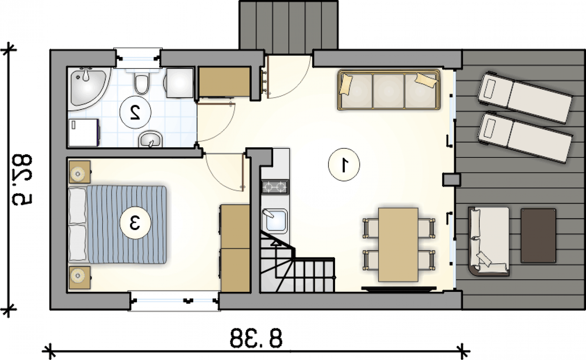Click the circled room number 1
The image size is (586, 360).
click(344, 164)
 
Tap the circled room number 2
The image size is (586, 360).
click(135, 112)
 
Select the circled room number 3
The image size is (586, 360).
click(135, 223)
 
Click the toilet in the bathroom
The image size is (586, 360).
click(142, 81)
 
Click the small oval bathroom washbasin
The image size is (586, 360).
click(151, 139)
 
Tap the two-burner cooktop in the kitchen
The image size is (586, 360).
click(275, 187)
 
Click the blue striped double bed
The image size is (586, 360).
click(118, 224)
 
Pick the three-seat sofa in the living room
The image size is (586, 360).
click(389, 89)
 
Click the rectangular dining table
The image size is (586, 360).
click(398, 245)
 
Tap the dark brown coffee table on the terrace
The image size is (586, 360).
click(538, 235)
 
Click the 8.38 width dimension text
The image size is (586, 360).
click(256, 338)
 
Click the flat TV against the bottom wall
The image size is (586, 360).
click(399, 289)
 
